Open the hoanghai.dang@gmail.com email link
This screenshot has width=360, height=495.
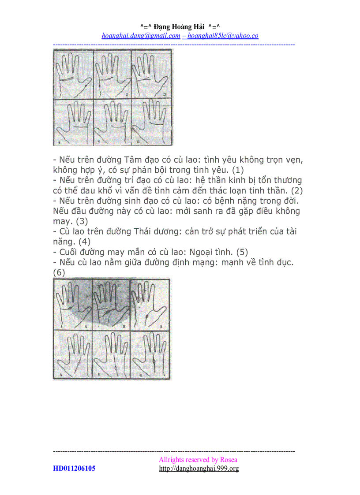[141, 36]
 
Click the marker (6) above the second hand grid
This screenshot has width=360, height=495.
[59, 273]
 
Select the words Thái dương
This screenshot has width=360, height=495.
[160, 231]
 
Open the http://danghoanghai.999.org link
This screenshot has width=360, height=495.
[199, 468]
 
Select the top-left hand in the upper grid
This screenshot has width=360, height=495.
[73, 73]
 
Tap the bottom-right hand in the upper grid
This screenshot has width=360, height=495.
[153, 121]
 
